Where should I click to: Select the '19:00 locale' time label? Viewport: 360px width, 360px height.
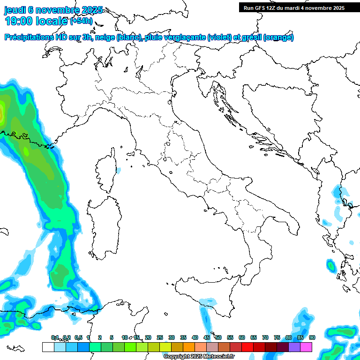(x=36, y=21)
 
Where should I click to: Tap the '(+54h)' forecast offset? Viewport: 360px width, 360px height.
(x=81, y=21)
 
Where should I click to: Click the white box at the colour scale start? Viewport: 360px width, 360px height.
(x=48, y=347)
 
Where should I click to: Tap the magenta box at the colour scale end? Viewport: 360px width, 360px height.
(x=306, y=347)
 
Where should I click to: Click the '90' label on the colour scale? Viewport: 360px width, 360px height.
(x=312, y=338)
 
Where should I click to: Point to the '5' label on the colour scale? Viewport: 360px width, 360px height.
(x=112, y=338)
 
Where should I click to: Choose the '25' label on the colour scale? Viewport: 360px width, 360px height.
(x=160, y=338)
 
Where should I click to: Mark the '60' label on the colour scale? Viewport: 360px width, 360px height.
(x=242, y=338)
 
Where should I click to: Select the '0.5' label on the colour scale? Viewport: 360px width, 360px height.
(x=78, y=338)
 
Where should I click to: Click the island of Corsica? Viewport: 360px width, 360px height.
(x=107, y=171)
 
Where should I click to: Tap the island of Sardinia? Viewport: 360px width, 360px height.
(x=106, y=225)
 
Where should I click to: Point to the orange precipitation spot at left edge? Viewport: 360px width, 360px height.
(x=1, y=112)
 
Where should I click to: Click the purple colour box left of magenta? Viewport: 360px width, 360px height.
(x=294, y=347)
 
